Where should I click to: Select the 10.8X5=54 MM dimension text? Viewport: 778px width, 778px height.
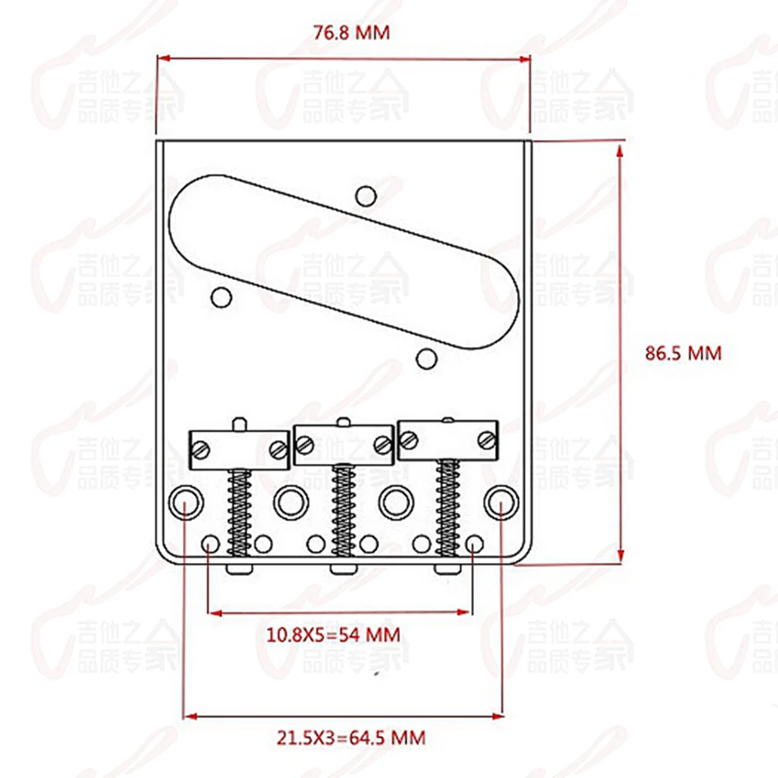pyautogui.click(x=333, y=633)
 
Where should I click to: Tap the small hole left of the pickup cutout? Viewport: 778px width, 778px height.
pyautogui.click(x=221, y=296)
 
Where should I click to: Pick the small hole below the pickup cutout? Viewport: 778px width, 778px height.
pyautogui.click(x=425, y=355)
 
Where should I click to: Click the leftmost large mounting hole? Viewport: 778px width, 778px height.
pyautogui.click(x=186, y=502)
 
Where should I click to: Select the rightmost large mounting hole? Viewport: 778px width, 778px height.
pyautogui.click(x=500, y=502)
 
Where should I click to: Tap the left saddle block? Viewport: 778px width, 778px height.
pyautogui.click(x=239, y=447)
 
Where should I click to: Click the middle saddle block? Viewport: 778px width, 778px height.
pyautogui.click(x=344, y=442)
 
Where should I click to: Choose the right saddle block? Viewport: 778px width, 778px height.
pyautogui.click(x=449, y=438)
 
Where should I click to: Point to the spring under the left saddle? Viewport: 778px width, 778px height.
pyautogui.click(x=239, y=513)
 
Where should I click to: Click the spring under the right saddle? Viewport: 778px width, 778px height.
pyautogui.click(x=448, y=508)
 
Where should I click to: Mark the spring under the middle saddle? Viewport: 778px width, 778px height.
pyautogui.click(x=344, y=511)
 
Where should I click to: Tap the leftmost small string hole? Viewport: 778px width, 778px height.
pyautogui.click(x=211, y=544)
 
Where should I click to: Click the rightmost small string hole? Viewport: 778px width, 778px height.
pyautogui.click(x=473, y=544)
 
